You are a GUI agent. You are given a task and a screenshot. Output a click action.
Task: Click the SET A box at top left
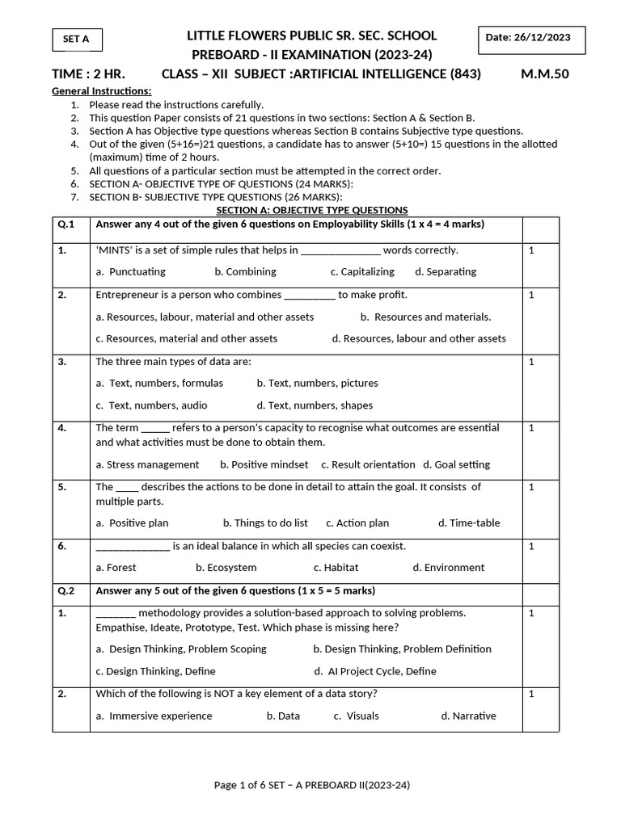coord(77,39)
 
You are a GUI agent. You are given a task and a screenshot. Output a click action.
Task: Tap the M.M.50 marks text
coord(545,74)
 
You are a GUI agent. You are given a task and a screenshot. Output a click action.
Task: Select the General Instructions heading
coord(101,90)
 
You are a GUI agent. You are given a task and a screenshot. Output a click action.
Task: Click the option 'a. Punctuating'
coord(130,271)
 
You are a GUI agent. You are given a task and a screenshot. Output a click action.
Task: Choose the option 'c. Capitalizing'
coord(362,271)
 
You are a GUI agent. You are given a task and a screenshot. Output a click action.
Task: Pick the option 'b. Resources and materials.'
coord(425,317)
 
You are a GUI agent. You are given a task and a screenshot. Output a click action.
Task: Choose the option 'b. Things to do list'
coord(265,523)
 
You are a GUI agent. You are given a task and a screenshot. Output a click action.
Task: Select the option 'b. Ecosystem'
coord(226,567)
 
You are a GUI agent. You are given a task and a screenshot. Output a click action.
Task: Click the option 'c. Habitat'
coord(336,567)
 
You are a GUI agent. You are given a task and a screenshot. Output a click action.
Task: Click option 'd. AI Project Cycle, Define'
coord(375,670)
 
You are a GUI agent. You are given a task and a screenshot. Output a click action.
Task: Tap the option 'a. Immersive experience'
coord(154,716)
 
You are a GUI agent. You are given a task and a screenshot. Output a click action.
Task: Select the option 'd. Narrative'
coord(468,716)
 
